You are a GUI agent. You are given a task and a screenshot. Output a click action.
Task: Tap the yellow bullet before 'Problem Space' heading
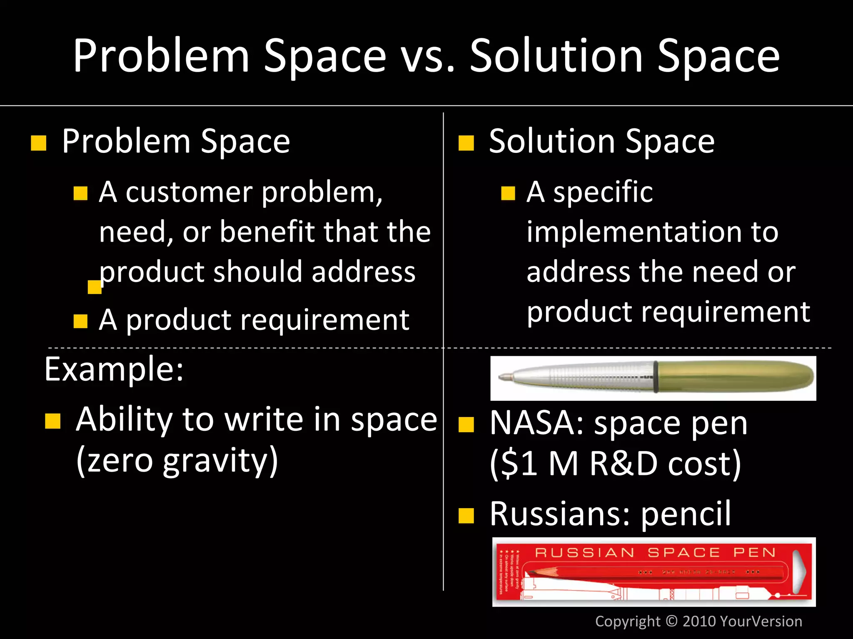39,143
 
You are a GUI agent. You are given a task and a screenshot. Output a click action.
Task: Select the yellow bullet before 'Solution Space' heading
466,143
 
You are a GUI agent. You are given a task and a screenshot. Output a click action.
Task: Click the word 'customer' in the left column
189,192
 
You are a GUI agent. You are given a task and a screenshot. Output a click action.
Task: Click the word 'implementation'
634,232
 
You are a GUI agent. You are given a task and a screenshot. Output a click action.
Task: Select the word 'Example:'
114,369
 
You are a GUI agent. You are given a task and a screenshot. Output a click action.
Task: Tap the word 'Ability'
124,419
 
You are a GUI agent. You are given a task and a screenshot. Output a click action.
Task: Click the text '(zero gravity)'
177,460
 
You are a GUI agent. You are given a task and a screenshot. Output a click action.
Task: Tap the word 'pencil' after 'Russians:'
686,514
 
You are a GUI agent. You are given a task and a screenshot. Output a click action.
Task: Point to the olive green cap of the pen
733,377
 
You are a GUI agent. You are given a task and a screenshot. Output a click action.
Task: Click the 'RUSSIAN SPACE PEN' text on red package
655,552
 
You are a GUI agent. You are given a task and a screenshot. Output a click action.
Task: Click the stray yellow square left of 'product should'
95,287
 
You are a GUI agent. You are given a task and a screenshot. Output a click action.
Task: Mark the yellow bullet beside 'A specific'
508,193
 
